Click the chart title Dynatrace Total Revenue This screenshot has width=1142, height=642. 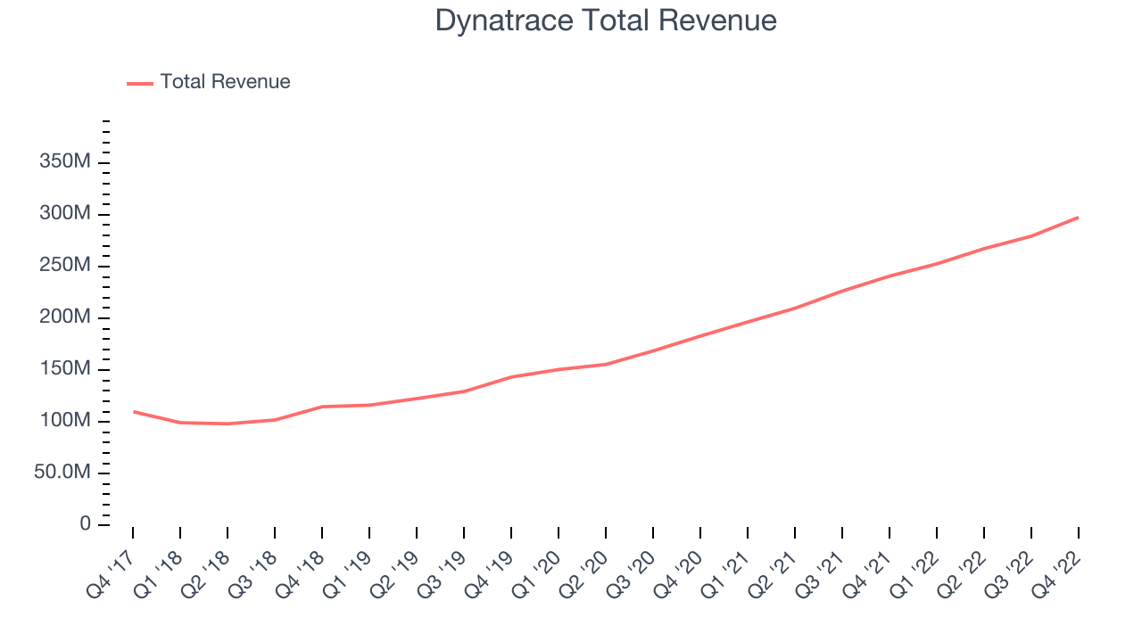[x=606, y=21]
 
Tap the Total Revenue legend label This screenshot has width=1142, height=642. [x=225, y=82]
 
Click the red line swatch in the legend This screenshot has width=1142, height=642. [x=140, y=83]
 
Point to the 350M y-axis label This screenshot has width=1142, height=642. [x=64, y=162]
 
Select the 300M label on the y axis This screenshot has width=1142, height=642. [x=64, y=214]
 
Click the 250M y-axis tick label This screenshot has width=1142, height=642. [x=64, y=266]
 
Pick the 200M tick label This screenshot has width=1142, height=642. [x=64, y=317]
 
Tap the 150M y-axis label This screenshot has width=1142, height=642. [x=64, y=369]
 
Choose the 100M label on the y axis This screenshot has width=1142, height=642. [x=64, y=421]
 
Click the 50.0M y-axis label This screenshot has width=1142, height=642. [x=62, y=473]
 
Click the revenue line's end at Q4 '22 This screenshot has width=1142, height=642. [x=1078, y=218]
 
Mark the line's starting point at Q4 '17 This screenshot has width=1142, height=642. [x=133, y=411]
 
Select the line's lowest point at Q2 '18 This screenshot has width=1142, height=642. [x=228, y=424]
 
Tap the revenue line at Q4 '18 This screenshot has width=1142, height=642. [x=322, y=407]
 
